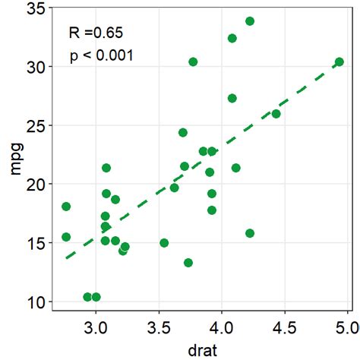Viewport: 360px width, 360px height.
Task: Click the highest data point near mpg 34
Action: tap(250, 21)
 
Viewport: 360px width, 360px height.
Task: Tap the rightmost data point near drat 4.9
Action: tap(339, 62)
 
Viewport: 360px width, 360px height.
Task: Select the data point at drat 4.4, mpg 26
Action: tap(276, 114)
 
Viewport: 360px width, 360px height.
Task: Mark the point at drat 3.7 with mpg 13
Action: tap(188, 263)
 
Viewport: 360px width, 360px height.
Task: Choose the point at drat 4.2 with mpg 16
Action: tap(250, 233)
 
